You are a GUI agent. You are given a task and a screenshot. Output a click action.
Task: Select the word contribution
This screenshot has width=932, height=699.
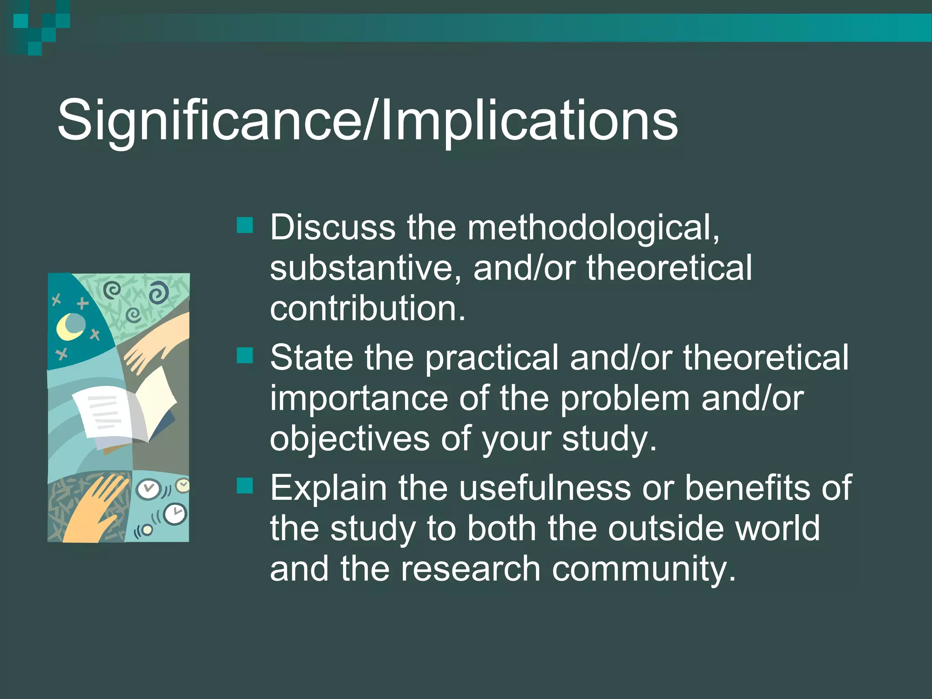point(367,308)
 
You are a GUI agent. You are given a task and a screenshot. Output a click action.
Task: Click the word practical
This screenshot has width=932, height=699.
point(491,358)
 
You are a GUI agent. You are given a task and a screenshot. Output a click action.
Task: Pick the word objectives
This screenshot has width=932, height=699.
point(349,439)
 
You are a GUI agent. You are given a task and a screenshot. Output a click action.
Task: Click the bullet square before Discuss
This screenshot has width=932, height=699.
point(245,225)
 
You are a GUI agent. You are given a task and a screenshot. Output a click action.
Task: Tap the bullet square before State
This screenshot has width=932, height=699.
point(245,356)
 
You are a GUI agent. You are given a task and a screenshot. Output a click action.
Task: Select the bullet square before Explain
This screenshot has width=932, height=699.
point(245,486)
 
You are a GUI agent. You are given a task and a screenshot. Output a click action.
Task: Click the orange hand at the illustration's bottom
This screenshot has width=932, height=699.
point(93,512)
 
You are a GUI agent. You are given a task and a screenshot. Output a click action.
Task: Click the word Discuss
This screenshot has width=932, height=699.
point(333,228)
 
